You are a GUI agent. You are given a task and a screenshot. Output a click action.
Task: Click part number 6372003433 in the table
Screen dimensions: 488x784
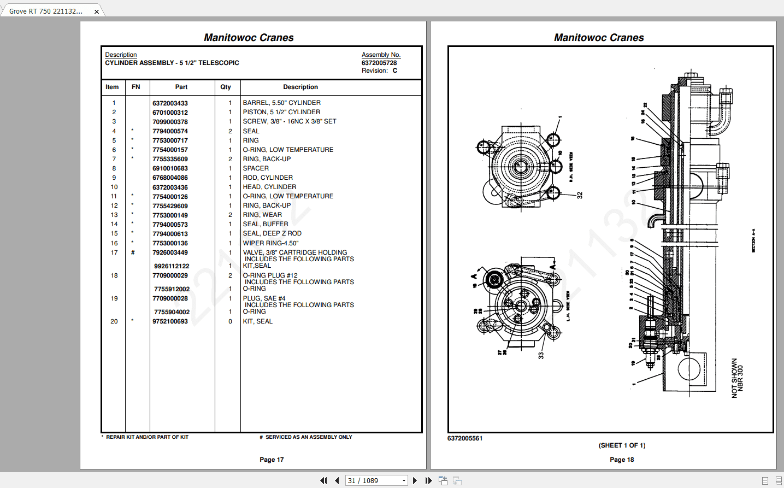tap(170, 103)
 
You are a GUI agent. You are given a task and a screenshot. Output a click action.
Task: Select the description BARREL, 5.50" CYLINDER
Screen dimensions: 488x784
tap(281, 103)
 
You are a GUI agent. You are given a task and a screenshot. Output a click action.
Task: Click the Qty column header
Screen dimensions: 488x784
tap(226, 87)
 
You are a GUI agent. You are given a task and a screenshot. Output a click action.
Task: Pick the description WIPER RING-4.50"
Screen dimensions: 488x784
tap(270, 243)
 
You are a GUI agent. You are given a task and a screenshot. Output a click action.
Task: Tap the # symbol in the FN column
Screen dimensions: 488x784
tap(133, 252)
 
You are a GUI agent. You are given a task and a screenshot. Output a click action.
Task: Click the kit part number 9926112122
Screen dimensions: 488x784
tap(172, 266)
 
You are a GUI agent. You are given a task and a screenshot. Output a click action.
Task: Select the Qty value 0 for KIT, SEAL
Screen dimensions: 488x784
tap(230, 321)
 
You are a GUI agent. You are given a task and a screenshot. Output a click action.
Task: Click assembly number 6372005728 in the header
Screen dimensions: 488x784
tap(379, 63)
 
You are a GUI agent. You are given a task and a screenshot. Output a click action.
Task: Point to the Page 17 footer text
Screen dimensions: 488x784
tap(272, 460)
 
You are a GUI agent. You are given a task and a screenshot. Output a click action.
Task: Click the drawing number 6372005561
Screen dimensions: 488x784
tap(465, 438)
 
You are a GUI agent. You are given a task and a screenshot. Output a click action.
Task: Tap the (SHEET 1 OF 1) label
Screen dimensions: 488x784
tap(622, 445)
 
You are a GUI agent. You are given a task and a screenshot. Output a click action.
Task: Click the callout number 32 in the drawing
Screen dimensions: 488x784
tap(580, 195)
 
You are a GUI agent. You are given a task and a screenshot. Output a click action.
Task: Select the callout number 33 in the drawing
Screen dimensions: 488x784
tap(541, 355)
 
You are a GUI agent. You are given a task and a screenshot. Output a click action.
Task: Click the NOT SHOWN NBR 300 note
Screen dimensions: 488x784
tap(737, 378)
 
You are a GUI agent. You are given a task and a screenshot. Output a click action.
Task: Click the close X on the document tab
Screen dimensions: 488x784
tap(97, 11)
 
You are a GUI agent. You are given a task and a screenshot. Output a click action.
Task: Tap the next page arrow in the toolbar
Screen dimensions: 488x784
tap(415, 480)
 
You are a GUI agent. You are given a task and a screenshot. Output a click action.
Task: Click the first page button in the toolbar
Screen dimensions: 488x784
tap(323, 480)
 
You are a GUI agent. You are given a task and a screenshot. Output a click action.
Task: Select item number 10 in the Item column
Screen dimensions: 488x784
tap(114, 187)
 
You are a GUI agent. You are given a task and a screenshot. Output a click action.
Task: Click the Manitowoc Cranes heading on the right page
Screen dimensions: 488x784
tap(599, 38)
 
